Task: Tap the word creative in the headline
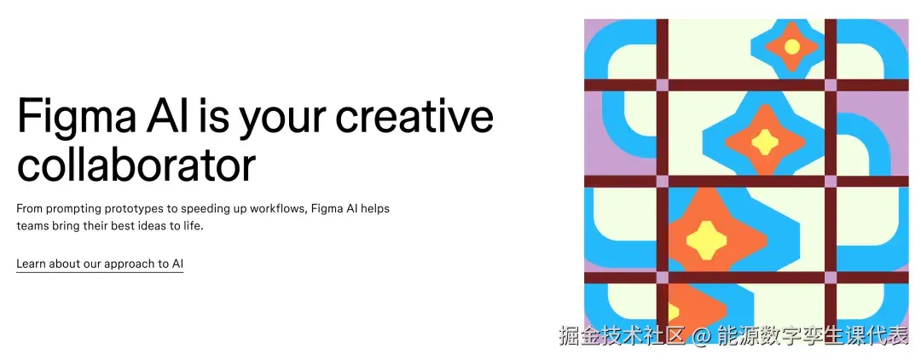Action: tap(414, 118)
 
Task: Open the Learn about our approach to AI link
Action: tap(100, 264)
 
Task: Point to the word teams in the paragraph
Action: tap(33, 227)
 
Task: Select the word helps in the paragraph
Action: tap(374, 209)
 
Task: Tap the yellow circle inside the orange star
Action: tap(791, 46)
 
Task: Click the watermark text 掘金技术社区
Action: tap(622, 336)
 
